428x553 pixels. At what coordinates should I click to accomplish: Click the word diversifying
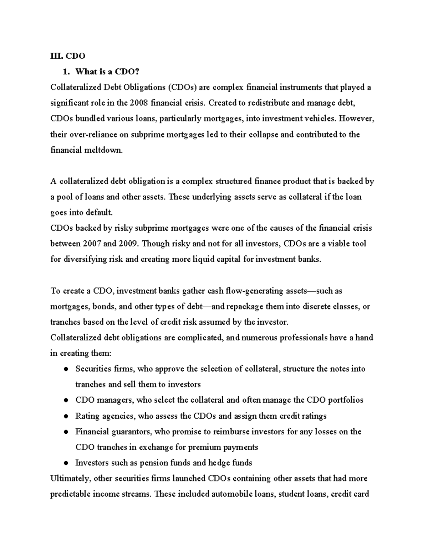point(83,260)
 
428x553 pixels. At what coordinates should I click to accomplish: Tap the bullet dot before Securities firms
point(66,369)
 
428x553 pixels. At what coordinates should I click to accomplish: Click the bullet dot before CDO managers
point(66,400)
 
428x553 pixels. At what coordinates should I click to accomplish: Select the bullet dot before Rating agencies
point(66,416)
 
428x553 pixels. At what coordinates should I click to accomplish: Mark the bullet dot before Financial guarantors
point(66,432)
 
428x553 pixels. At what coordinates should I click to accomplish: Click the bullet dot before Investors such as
point(66,463)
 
